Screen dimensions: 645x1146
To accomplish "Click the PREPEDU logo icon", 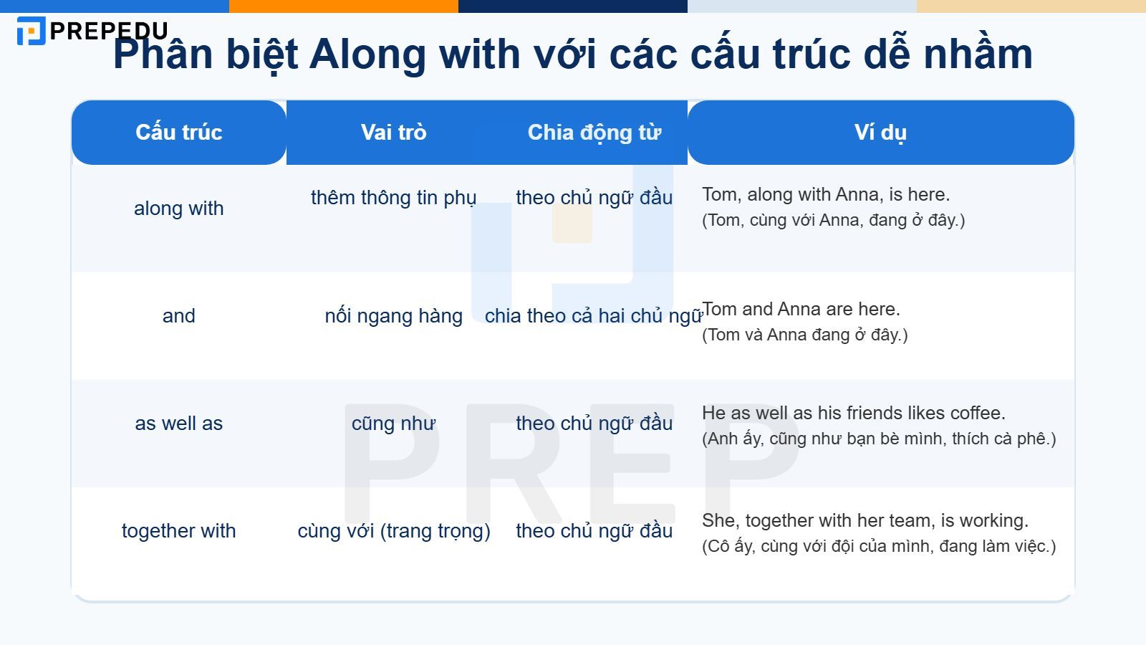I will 31,31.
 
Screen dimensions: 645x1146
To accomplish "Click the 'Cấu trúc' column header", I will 179,133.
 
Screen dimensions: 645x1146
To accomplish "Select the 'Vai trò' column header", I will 393,133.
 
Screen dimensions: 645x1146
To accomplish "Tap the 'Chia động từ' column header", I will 594,133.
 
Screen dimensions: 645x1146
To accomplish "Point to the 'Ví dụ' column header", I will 880,133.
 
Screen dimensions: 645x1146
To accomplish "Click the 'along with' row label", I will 179,209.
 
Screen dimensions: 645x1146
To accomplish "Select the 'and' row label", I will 179,316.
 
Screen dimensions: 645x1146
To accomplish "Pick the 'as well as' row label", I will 179,424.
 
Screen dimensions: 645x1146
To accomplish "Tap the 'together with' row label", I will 179,531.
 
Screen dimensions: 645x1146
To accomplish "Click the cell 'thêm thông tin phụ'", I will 393,198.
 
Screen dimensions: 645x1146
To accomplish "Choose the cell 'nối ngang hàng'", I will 393,316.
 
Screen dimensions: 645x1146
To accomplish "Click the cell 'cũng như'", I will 393,424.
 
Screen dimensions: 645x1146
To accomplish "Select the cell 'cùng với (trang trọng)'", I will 394,531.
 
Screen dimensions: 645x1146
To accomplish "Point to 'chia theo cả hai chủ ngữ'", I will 593,316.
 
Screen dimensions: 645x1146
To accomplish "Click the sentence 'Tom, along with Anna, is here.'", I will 826,195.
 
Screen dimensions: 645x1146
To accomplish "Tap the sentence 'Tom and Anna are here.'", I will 801,310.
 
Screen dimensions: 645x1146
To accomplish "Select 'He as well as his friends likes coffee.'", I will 854,414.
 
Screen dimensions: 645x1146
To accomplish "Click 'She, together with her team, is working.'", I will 865,521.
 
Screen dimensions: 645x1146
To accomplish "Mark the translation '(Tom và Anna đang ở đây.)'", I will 805,335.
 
